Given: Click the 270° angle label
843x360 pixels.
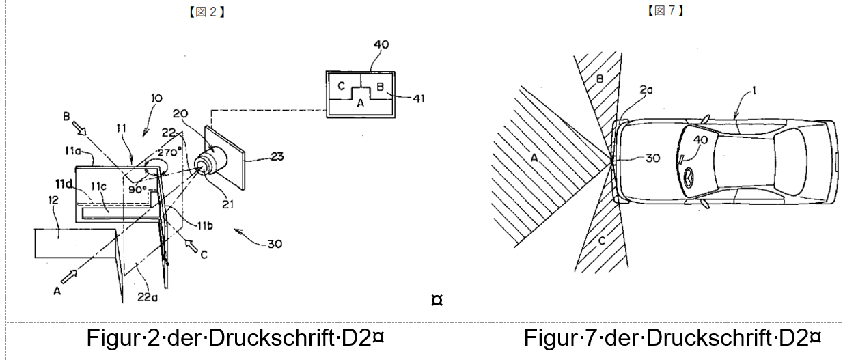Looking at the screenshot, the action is point(169,152).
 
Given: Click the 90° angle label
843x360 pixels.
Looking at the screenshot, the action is point(137,189).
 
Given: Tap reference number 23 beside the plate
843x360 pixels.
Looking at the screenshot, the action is point(277,156).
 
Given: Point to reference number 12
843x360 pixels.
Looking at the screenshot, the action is point(53,200).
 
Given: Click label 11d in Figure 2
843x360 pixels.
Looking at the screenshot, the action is point(64,184).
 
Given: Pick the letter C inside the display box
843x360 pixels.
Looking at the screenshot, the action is point(342,87).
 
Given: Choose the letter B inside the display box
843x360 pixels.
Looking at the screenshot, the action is point(380,87).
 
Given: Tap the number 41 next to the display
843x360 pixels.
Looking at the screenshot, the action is point(419,98).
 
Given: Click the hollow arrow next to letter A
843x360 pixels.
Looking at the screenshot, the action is point(69,277).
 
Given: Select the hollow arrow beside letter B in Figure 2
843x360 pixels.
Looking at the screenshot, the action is point(79,128).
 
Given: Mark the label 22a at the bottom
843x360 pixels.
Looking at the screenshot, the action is point(147,297).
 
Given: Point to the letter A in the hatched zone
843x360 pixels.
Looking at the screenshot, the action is point(534,158).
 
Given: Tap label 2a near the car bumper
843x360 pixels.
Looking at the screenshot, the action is point(646,89).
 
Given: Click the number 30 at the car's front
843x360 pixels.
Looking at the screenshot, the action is point(653,158).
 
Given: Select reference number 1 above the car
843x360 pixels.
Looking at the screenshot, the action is point(754,91).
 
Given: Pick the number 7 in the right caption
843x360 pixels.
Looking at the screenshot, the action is point(591,337).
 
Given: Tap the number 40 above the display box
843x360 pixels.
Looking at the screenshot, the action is point(381,44).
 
